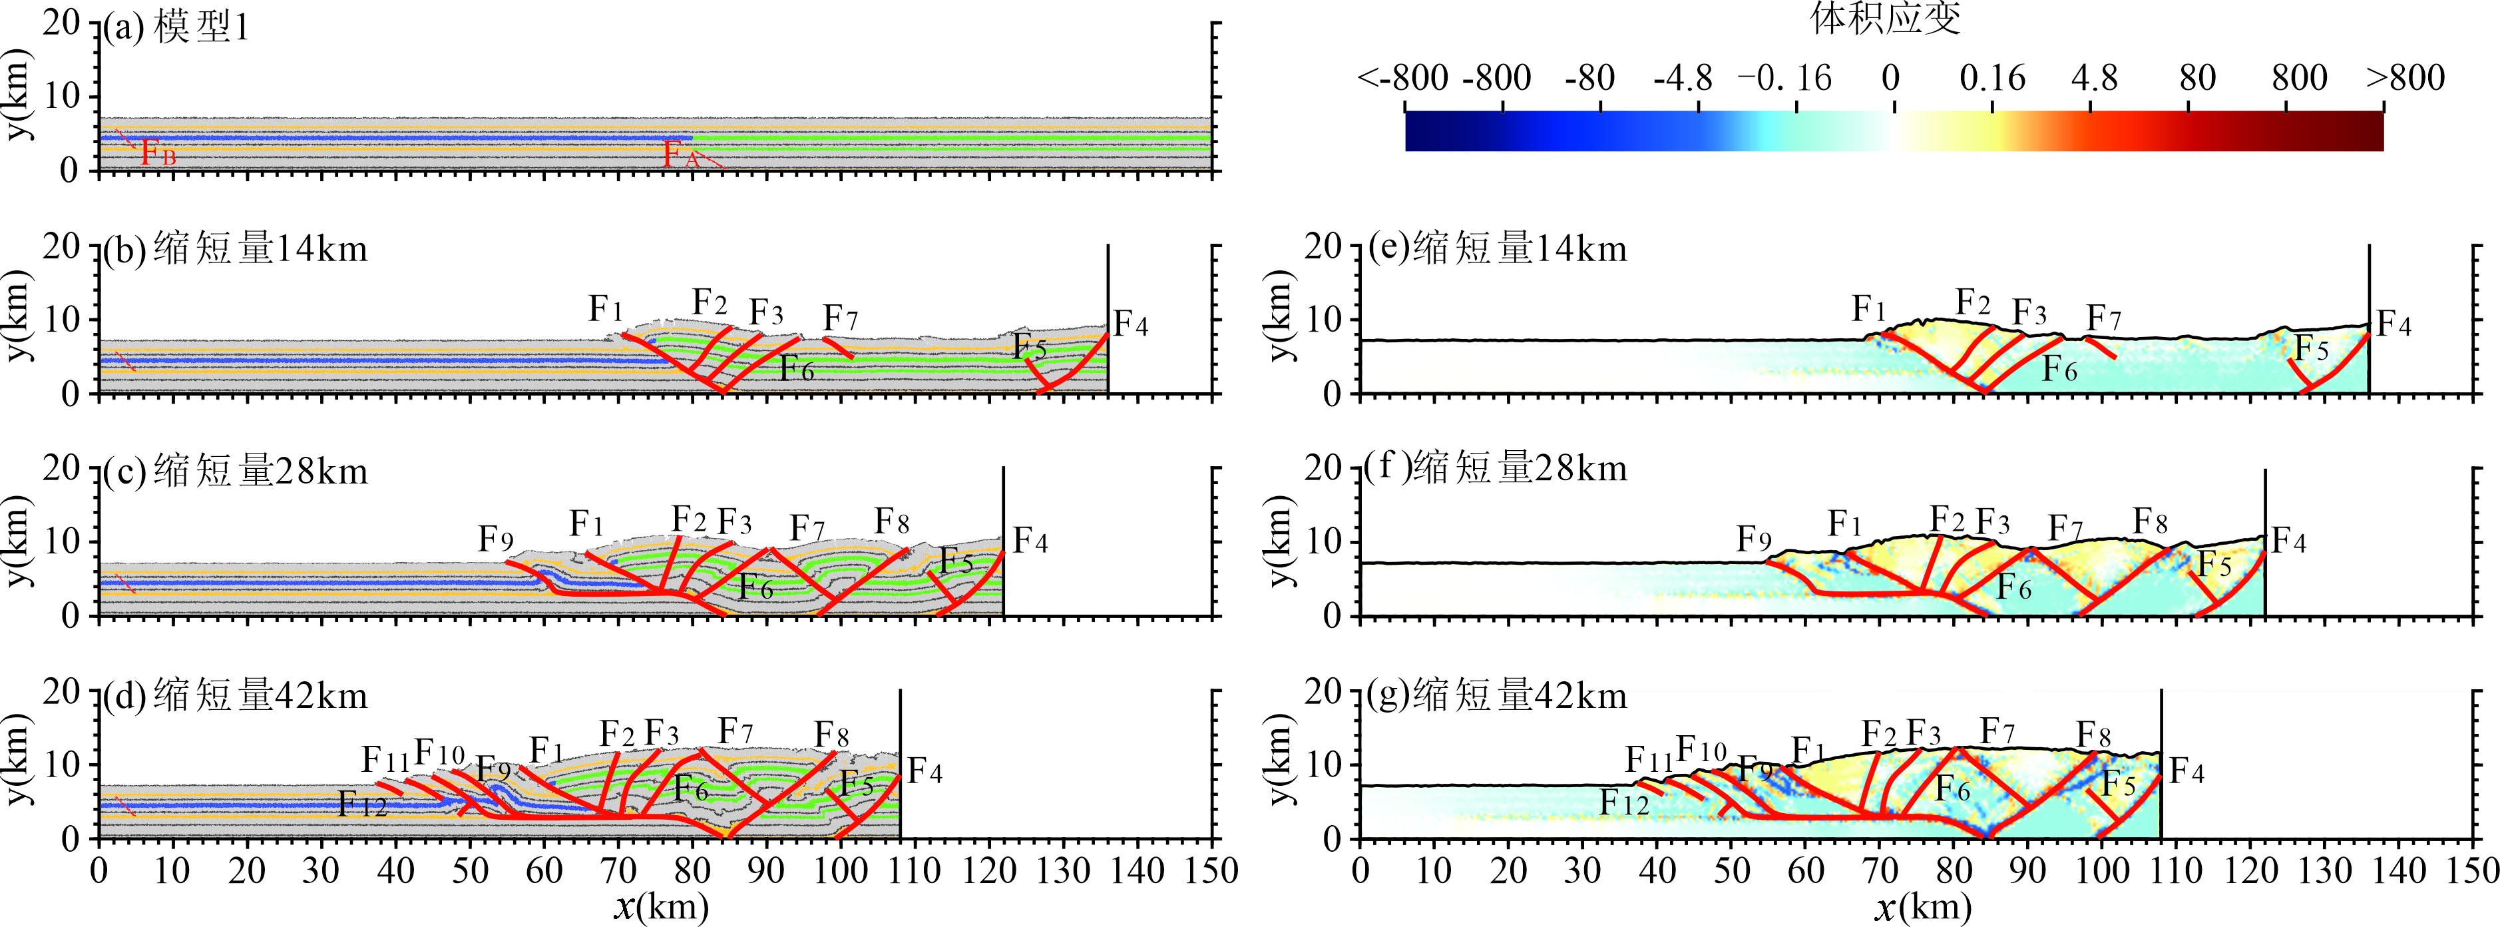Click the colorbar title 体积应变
(x=1886, y=19)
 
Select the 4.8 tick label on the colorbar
(x=2093, y=78)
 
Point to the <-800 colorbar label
(x=1402, y=78)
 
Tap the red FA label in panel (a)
(x=680, y=153)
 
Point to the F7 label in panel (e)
(x=2104, y=318)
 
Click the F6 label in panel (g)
(x=1953, y=788)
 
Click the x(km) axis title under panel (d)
(x=661, y=906)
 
